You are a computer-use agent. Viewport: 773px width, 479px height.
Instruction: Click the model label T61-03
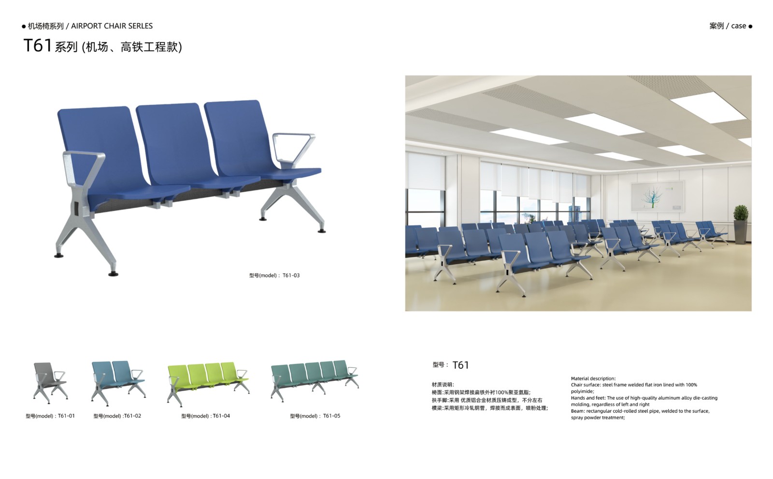(274, 275)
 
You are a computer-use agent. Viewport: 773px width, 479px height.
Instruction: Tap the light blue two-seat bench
(118, 382)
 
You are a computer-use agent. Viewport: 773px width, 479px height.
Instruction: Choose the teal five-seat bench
(315, 380)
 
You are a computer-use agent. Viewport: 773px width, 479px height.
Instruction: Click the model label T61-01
(50, 416)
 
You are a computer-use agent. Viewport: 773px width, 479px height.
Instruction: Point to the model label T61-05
(315, 416)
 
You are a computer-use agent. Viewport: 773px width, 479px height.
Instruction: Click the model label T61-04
(206, 416)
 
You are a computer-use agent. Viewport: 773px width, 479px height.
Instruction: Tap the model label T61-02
(117, 416)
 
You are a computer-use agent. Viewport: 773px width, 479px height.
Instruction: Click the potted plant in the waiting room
(741, 225)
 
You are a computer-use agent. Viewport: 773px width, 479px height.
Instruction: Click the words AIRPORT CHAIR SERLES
(112, 26)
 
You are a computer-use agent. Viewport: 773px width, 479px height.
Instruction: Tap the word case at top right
(739, 26)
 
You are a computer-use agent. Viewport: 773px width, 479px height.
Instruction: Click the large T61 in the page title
(38, 45)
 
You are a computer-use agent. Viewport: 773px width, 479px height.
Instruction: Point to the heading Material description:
(593, 378)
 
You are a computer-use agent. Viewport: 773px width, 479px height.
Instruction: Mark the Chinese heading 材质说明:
(443, 385)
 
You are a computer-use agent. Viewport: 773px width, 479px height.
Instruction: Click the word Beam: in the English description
(578, 411)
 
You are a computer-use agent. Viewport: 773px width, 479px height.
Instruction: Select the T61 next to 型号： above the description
(460, 365)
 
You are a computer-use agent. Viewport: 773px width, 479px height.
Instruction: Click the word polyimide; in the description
(583, 391)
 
